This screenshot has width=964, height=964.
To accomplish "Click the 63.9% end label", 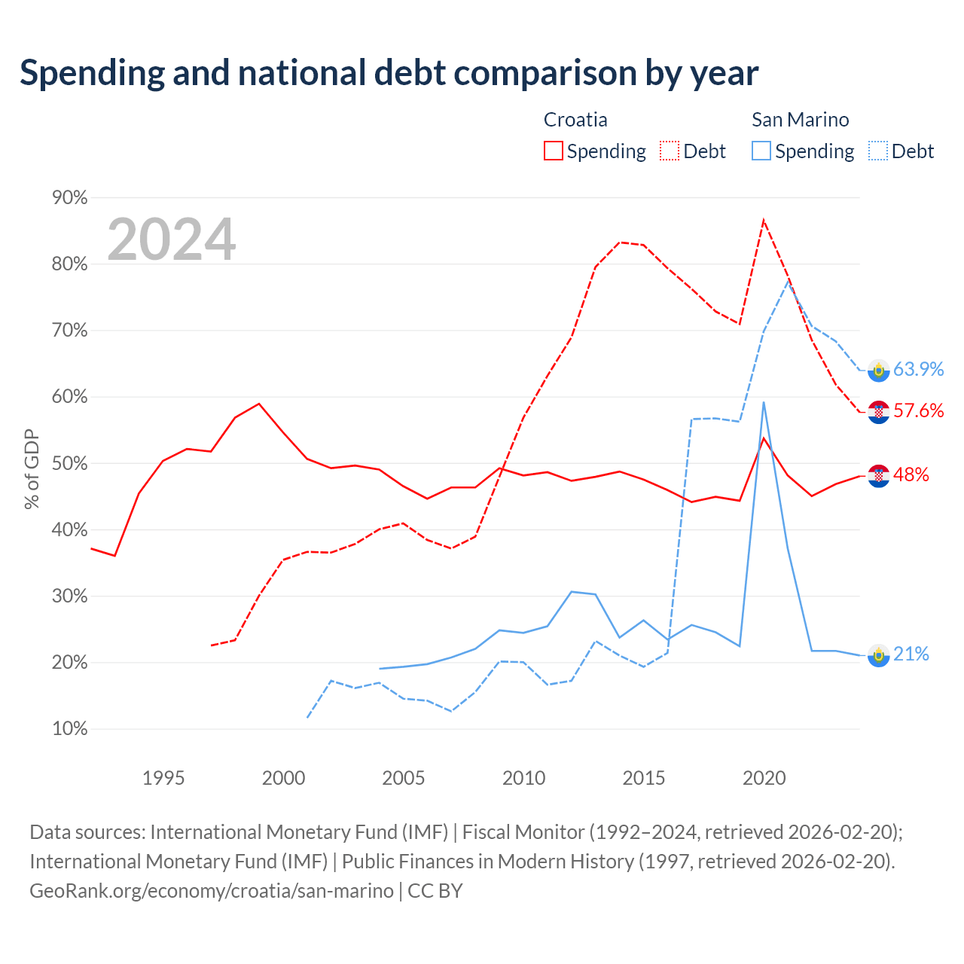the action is pyautogui.click(x=918, y=369).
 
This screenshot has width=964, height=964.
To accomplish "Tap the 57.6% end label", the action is pyautogui.click(x=918, y=410).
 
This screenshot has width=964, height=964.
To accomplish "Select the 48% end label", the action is pyautogui.click(x=911, y=474).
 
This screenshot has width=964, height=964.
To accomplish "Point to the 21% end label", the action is pyautogui.click(x=911, y=654).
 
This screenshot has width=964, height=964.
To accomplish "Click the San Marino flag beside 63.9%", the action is pyautogui.click(x=878, y=371).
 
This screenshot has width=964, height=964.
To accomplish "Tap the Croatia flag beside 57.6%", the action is pyautogui.click(x=878, y=412).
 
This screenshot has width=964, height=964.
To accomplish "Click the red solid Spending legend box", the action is pyautogui.click(x=553, y=151).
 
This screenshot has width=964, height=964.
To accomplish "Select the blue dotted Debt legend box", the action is pyautogui.click(x=877, y=151).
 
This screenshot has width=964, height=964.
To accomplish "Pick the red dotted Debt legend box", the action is pyautogui.click(x=669, y=151).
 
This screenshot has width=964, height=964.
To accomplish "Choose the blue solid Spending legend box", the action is pyautogui.click(x=761, y=151).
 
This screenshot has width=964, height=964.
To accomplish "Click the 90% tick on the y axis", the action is pyautogui.click(x=69, y=197).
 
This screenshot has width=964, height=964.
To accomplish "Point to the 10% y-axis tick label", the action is pyautogui.click(x=69, y=729).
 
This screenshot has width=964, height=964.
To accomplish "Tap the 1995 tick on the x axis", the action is pyautogui.click(x=163, y=778).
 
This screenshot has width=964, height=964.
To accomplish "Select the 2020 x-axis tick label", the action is pyautogui.click(x=764, y=778).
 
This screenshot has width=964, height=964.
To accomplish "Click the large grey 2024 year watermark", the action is pyautogui.click(x=172, y=239).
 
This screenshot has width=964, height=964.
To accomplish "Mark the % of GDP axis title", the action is pyautogui.click(x=31, y=468).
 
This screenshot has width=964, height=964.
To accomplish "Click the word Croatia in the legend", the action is pyautogui.click(x=575, y=120).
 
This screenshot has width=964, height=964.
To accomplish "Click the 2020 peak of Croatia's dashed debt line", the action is pyautogui.click(x=764, y=220).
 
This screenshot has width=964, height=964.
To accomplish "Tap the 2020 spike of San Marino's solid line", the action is pyautogui.click(x=764, y=402).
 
